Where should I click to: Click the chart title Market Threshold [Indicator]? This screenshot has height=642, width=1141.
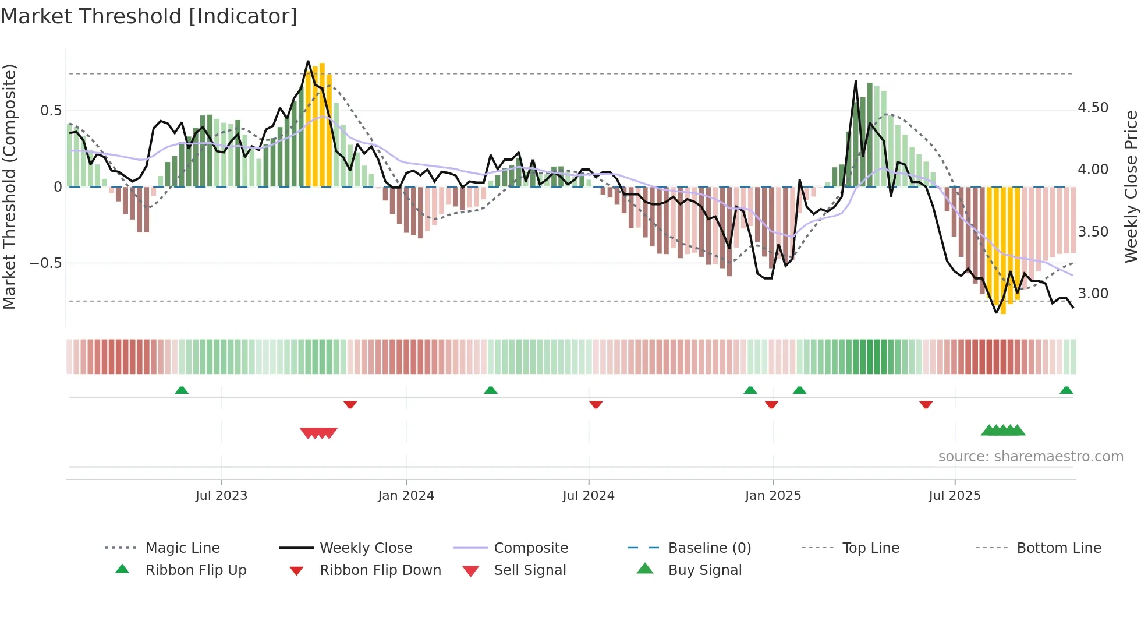pyautogui.click(x=149, y=16)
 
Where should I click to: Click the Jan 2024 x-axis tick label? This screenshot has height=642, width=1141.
pyautogui.click(x=406, y=496)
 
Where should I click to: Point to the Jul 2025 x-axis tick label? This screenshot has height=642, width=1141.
pyautogui.click(x=955, y=496)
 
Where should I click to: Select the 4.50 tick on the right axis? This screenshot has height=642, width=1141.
pyautogui.click(x=1093, y=108)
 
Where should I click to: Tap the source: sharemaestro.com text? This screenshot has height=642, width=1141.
pyautogui.click(x=1030, y=457)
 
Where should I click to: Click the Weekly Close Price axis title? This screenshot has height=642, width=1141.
pyautogui.click(x=1131, y=186)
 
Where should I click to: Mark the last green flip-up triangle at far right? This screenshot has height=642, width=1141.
pyautogui.click(x=1066, y=390)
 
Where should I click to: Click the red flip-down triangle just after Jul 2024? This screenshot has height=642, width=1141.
pyautogui.click(x=596, y=404)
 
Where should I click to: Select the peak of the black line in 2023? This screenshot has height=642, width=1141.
pyautogui.click(x=308, y=61)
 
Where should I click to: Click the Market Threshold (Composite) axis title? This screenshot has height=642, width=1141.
pyautogui.click(x=9, y=186)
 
